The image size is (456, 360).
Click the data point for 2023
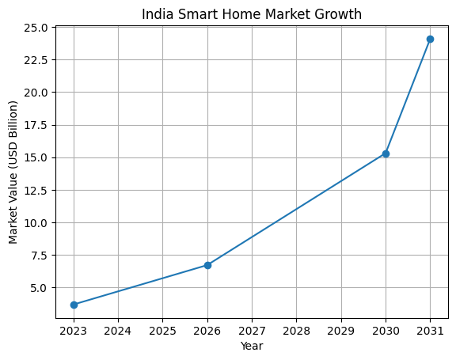tap(74, 305)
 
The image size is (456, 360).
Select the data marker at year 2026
tap(207, 265)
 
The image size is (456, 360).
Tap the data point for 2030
tap(386, 153)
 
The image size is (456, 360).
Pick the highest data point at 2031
tap(430, 39)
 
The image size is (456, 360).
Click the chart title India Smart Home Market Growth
tap(252, 13)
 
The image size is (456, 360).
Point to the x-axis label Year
tap(252, 346)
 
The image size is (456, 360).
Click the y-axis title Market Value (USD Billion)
tap(13, 172)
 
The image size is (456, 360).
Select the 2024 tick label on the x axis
tap(118, 330)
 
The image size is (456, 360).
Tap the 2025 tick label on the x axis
tap(162, 330)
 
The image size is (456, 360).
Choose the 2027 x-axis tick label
tap(252, 330)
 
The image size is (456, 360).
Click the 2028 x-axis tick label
tap(296, 330)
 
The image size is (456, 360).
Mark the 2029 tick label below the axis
tap(340, 330)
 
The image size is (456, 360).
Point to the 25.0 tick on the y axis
tap(36, 28)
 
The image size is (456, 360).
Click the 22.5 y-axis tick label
tap(36, 60)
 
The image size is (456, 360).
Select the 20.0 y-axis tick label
tap(36, 93)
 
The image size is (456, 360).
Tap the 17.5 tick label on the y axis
tap(36, 125)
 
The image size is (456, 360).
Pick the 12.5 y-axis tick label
tap(36, 191)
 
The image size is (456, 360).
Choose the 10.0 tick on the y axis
tap(36, 223)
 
